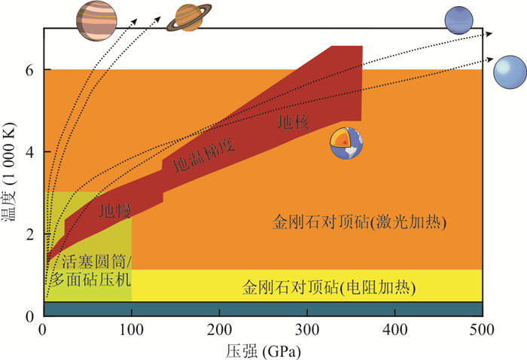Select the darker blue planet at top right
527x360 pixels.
click(x=458, y=20)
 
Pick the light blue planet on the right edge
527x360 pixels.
click(x=509, y=72)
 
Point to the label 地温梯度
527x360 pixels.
click(x=204, y=155)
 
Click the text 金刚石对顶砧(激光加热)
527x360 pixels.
click(x=360, y=223)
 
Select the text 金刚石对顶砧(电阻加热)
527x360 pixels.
click(x=330, y=288)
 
